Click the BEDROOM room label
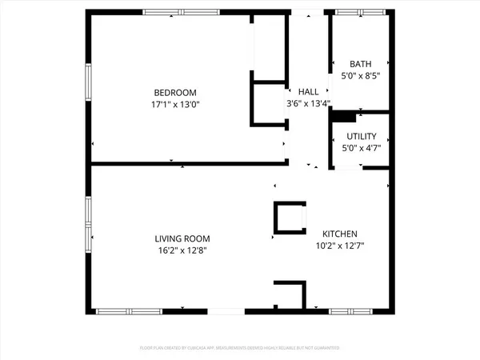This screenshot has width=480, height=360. pyautogui.click(x=174, y=92)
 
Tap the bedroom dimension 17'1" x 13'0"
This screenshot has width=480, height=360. pyautogui.click(x=174, y=104)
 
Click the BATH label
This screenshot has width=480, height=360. pyautogui.click(x=360, y=64)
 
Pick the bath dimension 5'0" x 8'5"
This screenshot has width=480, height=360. pyautogui.click(x=360, y=76)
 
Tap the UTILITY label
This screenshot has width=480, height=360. pyautogui.click(x=360, y=136)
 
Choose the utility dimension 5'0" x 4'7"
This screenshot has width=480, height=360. pyautogui.click(x=360, y=147)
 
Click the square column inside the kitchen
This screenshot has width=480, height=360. pyautogui.click(x=290, y=218)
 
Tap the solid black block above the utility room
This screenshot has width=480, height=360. pyautogui.click(x=343, y=116)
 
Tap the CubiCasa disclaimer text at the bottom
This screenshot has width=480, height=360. pyautogui.click(x=240, y=348)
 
